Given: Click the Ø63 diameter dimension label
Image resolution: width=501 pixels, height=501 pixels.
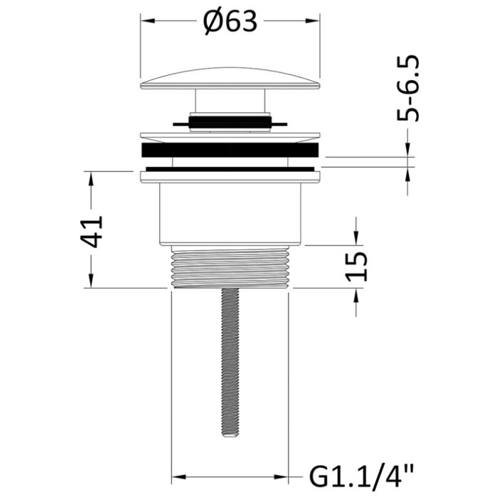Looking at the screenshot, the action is [230, 22].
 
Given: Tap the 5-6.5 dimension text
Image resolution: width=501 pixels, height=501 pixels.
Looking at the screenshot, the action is [408, 88].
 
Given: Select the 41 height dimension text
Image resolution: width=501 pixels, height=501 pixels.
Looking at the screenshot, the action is [91, 232].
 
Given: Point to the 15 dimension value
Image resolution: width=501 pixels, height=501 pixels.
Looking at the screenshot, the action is [356, 267].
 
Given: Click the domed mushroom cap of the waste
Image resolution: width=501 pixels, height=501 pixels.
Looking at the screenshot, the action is [230, 78].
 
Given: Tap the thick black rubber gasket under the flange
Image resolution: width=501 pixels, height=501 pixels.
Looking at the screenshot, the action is [230, 150].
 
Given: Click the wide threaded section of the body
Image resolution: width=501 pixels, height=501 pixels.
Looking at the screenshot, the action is [230, 267].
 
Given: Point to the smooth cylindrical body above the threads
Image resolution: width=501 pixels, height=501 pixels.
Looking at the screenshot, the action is [230, 215].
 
